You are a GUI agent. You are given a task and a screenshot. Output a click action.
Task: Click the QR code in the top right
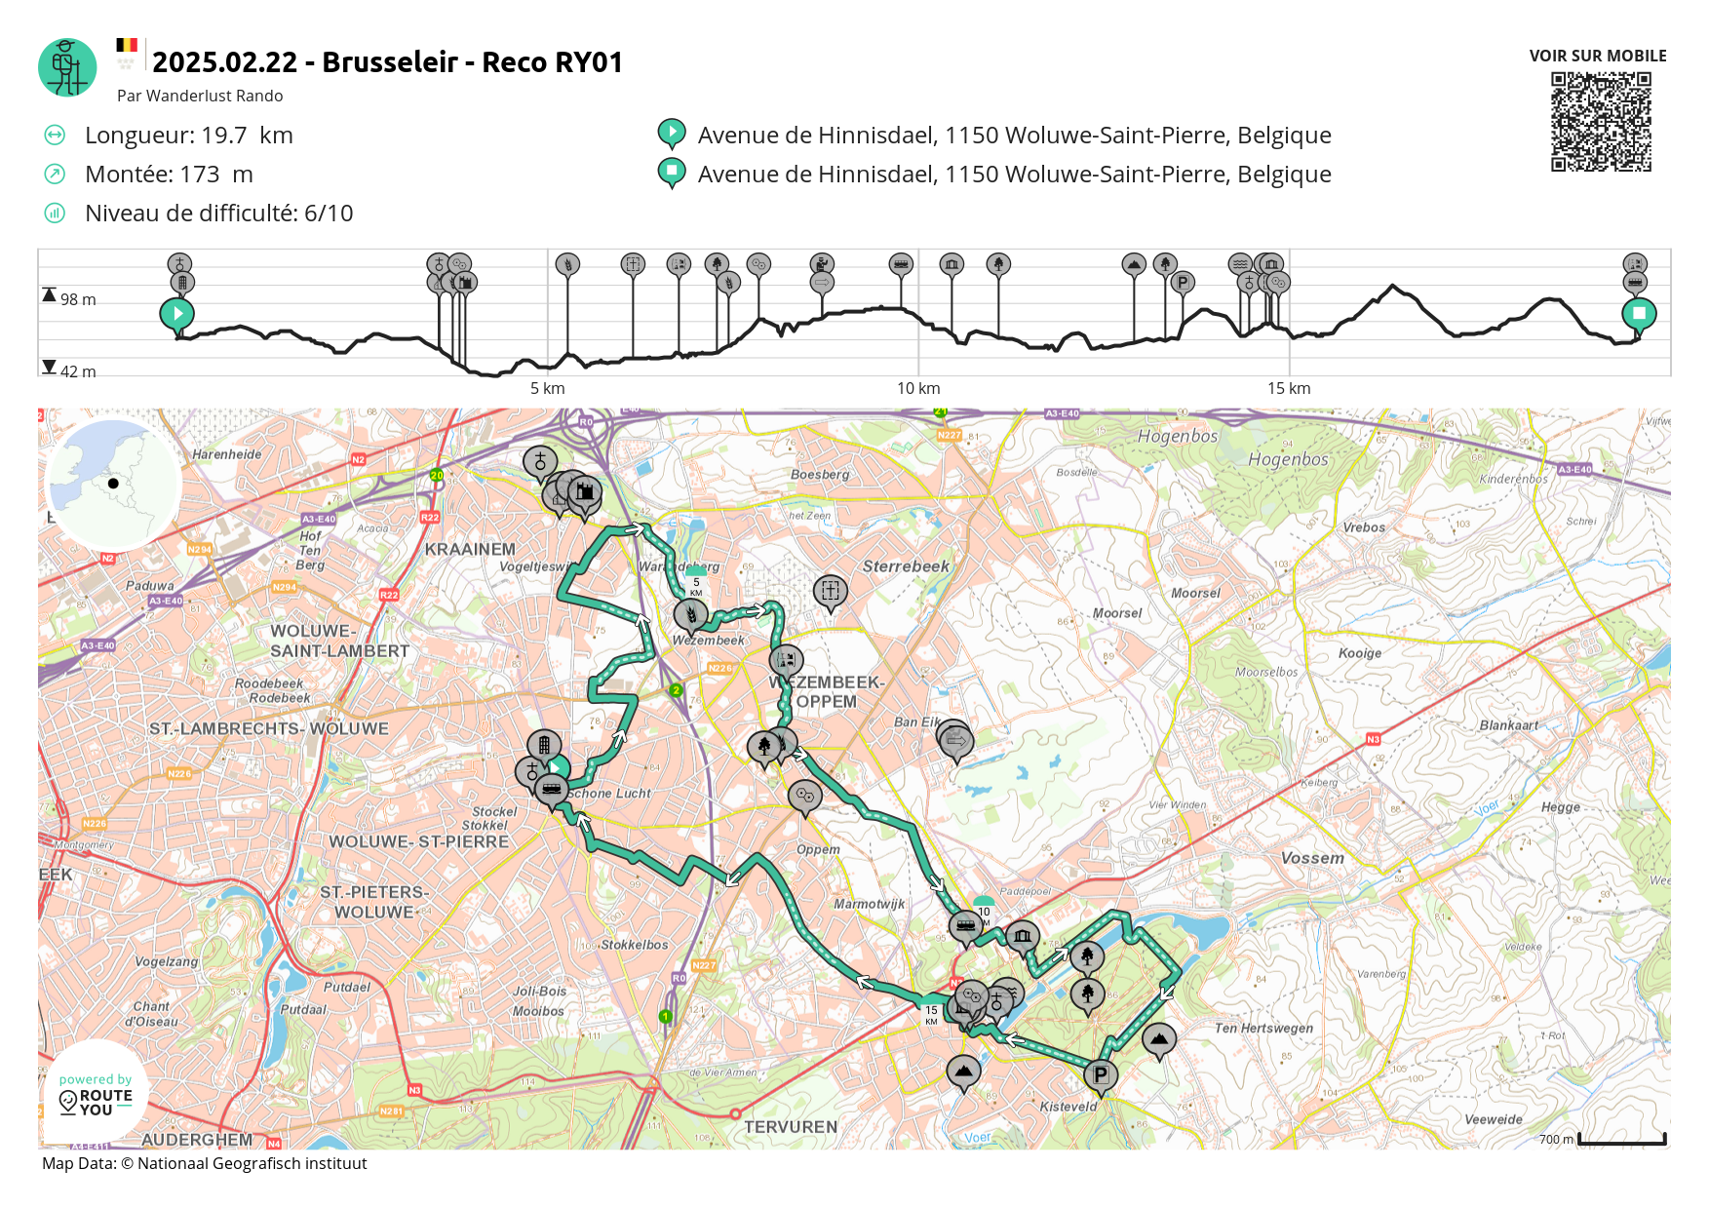tap(1601, 122)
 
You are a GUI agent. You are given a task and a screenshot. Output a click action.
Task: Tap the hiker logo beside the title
tap(67, 67)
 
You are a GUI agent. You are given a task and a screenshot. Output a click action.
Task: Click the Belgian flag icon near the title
tap(127, 45)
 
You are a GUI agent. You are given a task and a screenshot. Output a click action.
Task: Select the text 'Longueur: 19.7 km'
tap(188, 136)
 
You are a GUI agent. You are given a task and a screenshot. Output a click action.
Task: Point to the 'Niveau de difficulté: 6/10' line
tap(218, 214)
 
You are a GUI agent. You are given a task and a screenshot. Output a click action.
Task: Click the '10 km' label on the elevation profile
tap(918, 388)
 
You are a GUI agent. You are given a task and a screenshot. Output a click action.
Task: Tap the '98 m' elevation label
tap(78, 299)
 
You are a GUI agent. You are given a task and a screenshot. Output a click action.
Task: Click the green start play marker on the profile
tap(177, 314)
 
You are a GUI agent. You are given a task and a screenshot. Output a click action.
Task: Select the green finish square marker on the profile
tap(1639, 314)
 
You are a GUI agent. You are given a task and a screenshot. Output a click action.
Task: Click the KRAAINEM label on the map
tap(470, 549)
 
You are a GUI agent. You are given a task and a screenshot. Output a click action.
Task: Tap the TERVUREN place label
tap(791, 1127)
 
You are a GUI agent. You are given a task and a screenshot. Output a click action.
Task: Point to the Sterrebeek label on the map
tap(906, 566)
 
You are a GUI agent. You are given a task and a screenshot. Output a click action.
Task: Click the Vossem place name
tap(1312, 858)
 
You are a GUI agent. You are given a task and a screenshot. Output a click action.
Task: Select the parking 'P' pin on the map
tap(1101, 1074)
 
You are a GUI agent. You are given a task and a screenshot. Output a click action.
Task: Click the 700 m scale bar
tap(1621, 1139)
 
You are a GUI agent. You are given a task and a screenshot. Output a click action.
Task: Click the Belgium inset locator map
tap(113, 483)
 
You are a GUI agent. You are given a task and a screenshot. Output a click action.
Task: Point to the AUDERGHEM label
tap(197, 1139)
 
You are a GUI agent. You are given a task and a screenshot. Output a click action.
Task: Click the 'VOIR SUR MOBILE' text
tap(1598, 56)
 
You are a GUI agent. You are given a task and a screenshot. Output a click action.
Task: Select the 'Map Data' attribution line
tap(205, 1163)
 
